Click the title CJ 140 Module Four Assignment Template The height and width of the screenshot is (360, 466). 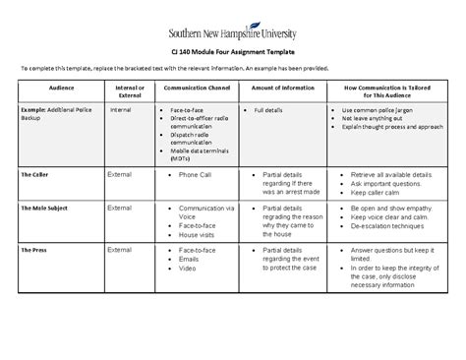233,50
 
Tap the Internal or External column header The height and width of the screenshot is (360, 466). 129,91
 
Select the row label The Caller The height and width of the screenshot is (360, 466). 35,174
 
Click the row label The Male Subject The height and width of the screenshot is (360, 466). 44,210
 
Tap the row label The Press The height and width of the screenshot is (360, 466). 33,251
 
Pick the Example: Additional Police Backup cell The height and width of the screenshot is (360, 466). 56,113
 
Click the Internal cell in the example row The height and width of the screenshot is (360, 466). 121,110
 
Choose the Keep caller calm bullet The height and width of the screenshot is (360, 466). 376,193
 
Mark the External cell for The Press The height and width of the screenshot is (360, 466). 119,250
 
